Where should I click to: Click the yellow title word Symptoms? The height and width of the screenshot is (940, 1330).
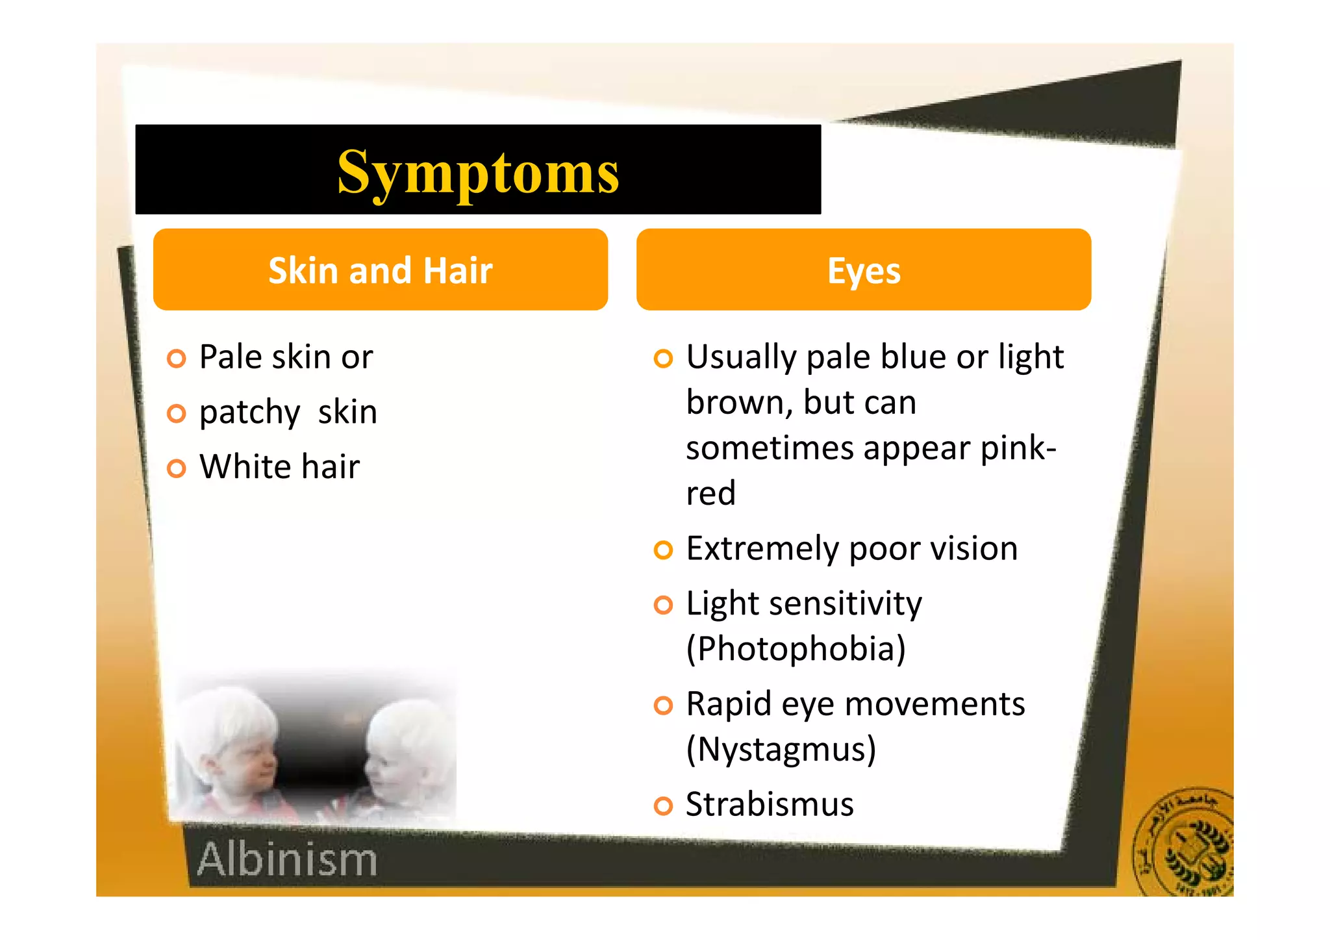click(478, 171)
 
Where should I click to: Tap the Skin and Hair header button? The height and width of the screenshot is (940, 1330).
click(381, 270)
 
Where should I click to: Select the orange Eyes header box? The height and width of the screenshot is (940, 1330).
click(863, 270)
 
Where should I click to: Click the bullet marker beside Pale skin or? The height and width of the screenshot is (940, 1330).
click(176, 359)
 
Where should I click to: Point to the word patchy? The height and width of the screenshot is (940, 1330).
click(249, 413)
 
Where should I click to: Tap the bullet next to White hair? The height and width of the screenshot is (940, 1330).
click(176, 468)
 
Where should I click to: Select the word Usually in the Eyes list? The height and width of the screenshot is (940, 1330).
click(741, 358)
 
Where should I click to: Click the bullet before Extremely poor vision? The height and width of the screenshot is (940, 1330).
click(663, 550)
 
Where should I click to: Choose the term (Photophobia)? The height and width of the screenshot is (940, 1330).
click(796, 649)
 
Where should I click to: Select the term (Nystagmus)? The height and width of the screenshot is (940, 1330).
click(781, 750)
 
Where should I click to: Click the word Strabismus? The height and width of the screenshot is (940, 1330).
click(770, 804)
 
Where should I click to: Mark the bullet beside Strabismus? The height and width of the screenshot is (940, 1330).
click(663, 806)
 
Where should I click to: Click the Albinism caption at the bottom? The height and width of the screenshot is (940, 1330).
click(287, 859)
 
